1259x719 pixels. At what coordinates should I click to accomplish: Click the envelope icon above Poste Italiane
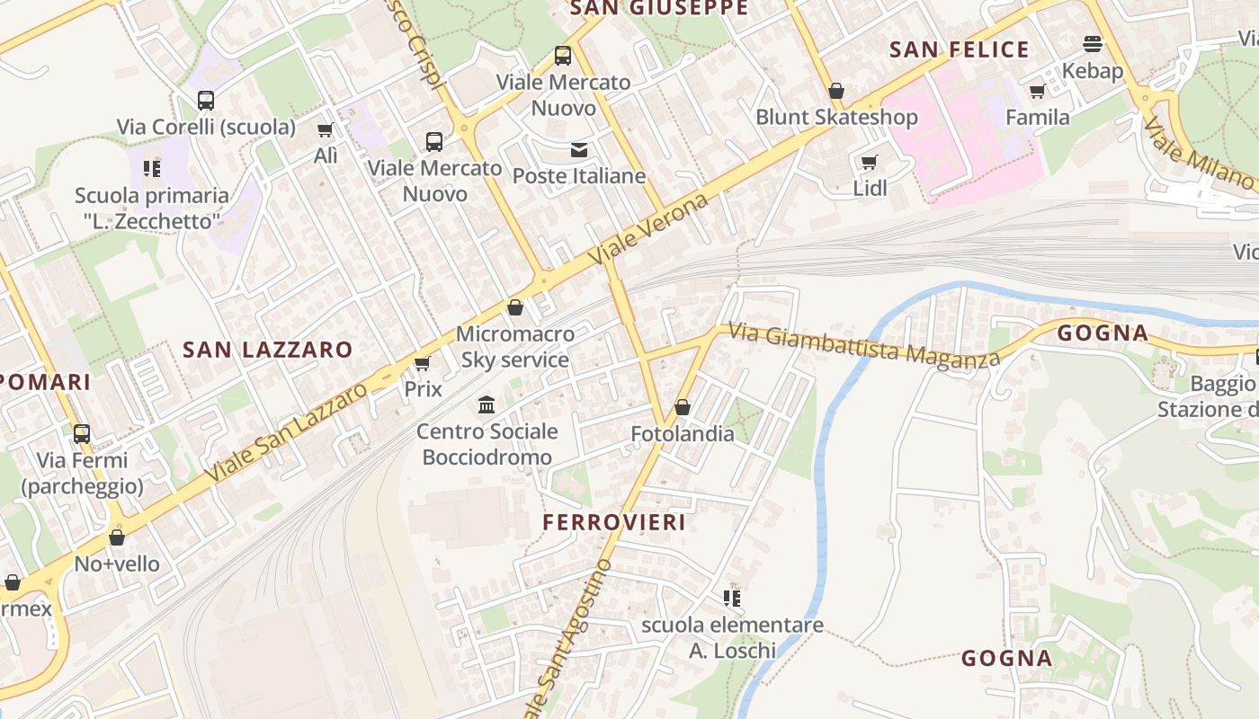578,149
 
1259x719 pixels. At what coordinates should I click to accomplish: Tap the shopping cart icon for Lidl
869,163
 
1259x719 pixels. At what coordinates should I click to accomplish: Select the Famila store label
1038,117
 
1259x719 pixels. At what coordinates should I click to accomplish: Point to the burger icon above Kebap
1093,44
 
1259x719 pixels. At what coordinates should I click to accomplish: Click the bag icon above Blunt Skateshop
836,91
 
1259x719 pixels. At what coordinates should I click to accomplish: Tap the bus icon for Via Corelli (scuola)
206,101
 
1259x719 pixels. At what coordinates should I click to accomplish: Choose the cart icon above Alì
326,130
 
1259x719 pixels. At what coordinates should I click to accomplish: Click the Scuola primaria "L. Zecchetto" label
152,208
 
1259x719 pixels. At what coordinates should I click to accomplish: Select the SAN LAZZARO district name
268,350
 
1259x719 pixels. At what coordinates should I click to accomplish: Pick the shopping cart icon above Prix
422,364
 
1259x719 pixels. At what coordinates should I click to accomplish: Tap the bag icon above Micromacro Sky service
515,308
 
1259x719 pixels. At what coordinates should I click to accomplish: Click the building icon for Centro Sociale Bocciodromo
487,405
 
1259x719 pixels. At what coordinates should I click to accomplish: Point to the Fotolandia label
683,434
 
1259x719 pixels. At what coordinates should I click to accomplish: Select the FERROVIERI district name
614,522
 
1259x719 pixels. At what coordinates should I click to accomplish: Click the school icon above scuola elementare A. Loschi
732,598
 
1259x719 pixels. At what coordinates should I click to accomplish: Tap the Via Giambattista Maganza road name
863,345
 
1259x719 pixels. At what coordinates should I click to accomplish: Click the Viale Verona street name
648,228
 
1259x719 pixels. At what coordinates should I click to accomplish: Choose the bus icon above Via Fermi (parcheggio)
82,434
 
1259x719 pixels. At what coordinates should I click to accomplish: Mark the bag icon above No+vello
117,538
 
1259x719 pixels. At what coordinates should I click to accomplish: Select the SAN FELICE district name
959,49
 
